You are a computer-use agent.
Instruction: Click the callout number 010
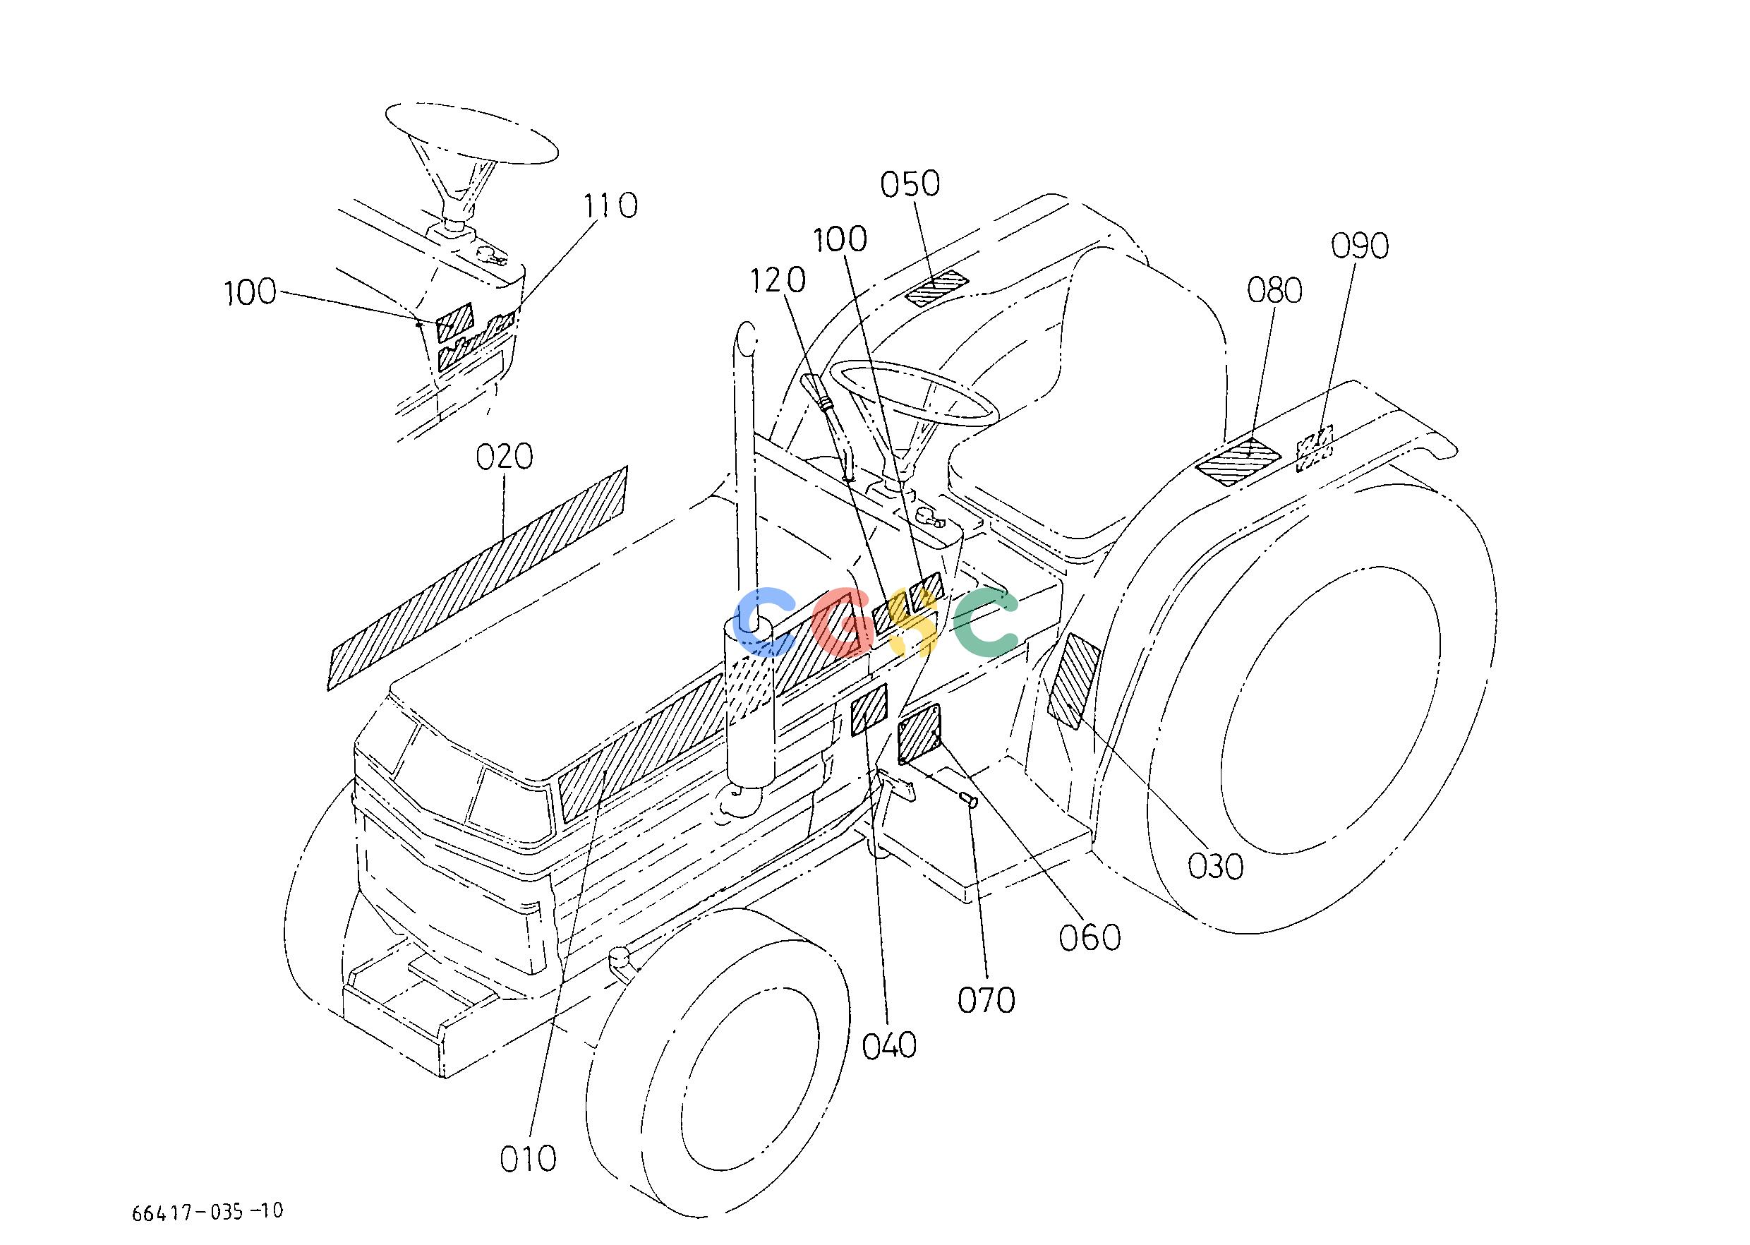[527, 1158]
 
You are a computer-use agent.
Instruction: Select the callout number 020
[504, 457]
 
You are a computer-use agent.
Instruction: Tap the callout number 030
[1215, 866]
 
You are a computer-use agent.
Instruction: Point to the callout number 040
[889, 1046]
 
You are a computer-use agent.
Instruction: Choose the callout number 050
[910, 184]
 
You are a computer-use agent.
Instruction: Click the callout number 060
[1090, 937]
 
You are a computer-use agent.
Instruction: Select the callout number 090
[1360, 246]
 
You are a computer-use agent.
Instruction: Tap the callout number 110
[610, 205]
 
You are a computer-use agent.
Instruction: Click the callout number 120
[777, 281]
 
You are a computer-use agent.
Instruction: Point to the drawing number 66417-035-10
[207, 1212]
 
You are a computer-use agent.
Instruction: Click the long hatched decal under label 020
[478, 577]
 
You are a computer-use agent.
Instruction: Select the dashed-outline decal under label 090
[1314, 448]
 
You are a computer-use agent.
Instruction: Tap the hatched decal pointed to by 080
[1238, 461]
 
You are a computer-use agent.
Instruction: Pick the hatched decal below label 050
[936, 288]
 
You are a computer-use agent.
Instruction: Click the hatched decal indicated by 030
[1074, 681]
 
